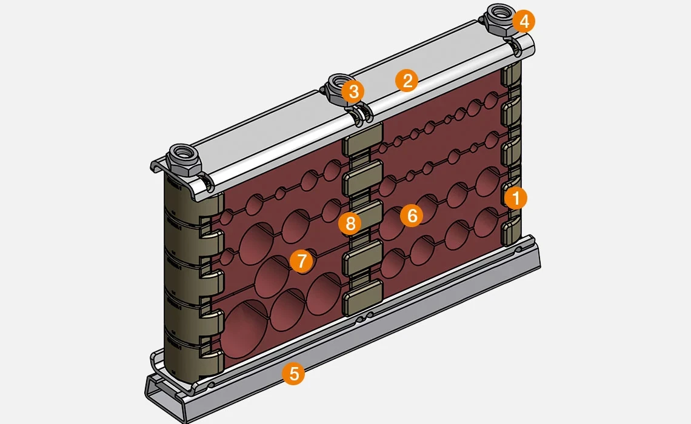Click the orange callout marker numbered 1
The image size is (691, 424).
[x=516, y=197]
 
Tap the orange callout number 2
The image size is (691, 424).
[x=407, y=81]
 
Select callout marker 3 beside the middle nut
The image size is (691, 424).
[x=353, y=92]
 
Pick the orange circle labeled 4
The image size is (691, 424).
[x=524, y=22]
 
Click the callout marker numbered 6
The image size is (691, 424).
[x=412, y=216]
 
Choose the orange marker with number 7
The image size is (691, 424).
[x=301, y=261]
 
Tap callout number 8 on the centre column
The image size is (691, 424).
[x=350, y=224]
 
